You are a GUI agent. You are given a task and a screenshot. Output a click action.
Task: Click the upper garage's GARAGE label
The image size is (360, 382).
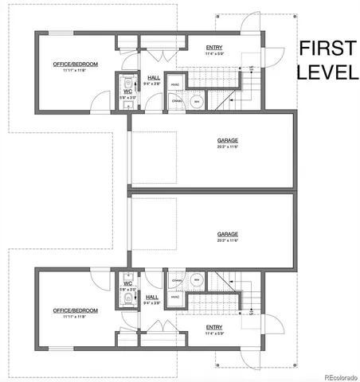(x=228, y=141)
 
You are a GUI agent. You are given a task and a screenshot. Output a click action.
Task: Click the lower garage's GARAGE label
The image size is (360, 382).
(x=228, y=234)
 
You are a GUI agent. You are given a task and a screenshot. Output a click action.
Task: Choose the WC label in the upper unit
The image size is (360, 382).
(x=127, y=92)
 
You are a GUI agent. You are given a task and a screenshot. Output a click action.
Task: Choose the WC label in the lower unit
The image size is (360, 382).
(x=127, y=283)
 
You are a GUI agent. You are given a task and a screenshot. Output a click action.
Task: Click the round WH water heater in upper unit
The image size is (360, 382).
(x=195, y=101)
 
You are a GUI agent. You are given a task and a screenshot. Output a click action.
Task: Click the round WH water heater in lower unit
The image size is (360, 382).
(x=195, y=279)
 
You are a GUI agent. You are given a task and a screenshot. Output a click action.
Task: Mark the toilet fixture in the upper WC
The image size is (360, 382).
(x=128, y=80)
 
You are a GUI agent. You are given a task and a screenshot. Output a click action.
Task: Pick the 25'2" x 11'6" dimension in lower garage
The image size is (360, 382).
(x=228, y=240)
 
